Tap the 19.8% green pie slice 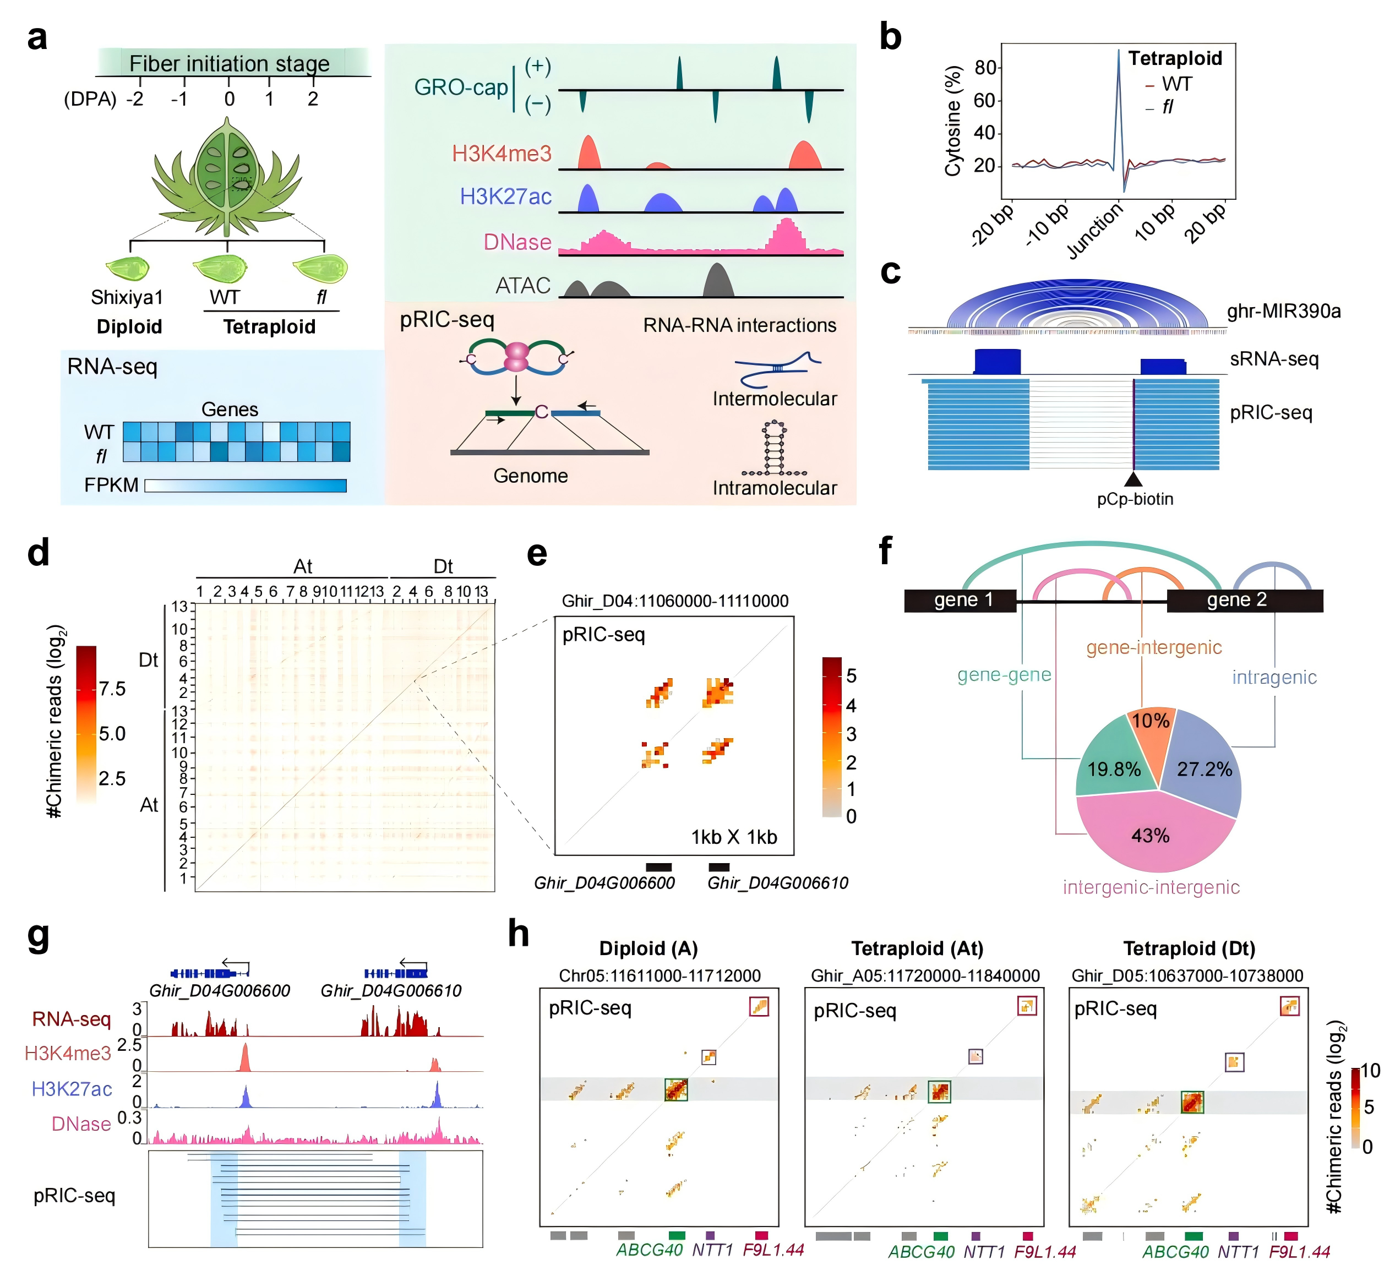coord(1113,764)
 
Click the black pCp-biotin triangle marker coord(1134,479)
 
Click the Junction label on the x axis coord(1096,231)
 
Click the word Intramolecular coord(775,488)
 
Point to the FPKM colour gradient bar coord(246,485)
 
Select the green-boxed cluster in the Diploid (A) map coord(675,1090)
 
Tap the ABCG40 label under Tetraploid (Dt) coord(1175,1251)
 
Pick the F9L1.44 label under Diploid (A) coord(773,1250)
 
